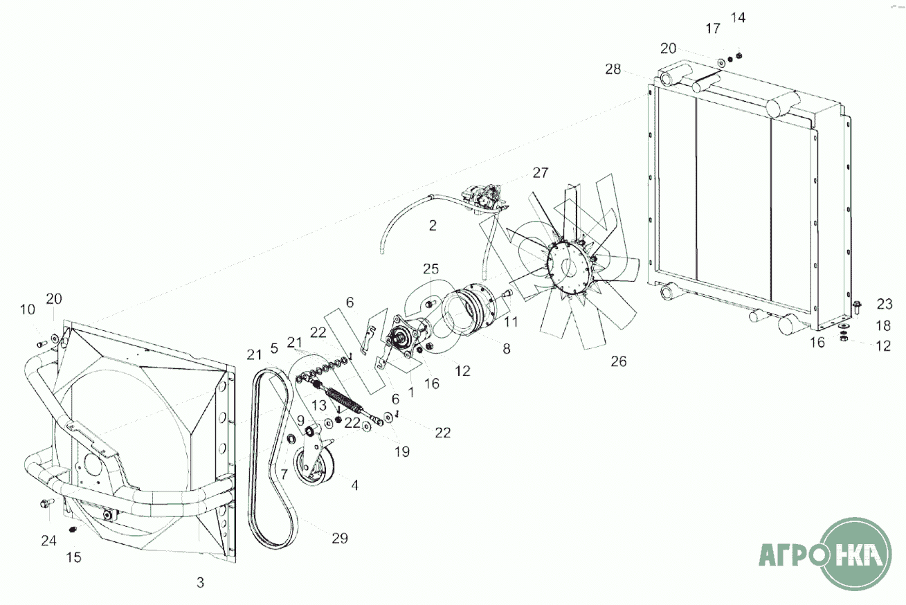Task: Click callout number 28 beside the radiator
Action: click(613, 69)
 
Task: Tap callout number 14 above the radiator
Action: click(738, 18)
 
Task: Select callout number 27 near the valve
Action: click(541, 172)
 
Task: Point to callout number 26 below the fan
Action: click(619, 361)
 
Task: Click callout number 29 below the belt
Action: click(340, 538)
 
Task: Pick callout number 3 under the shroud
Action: click(200, 582)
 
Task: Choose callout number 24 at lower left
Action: click(48, 541)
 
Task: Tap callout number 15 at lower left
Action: click(73, 557)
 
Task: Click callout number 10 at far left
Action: click(28, 310)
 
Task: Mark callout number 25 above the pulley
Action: click(431, 269)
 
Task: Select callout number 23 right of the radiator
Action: click(884, 304)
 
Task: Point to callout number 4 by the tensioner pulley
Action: click(354, 485)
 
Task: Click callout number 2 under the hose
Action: click(433, 225)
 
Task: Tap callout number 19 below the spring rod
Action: click(402, 451)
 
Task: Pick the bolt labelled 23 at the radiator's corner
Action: click(856, 307)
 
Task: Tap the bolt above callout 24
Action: click(47, 504)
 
